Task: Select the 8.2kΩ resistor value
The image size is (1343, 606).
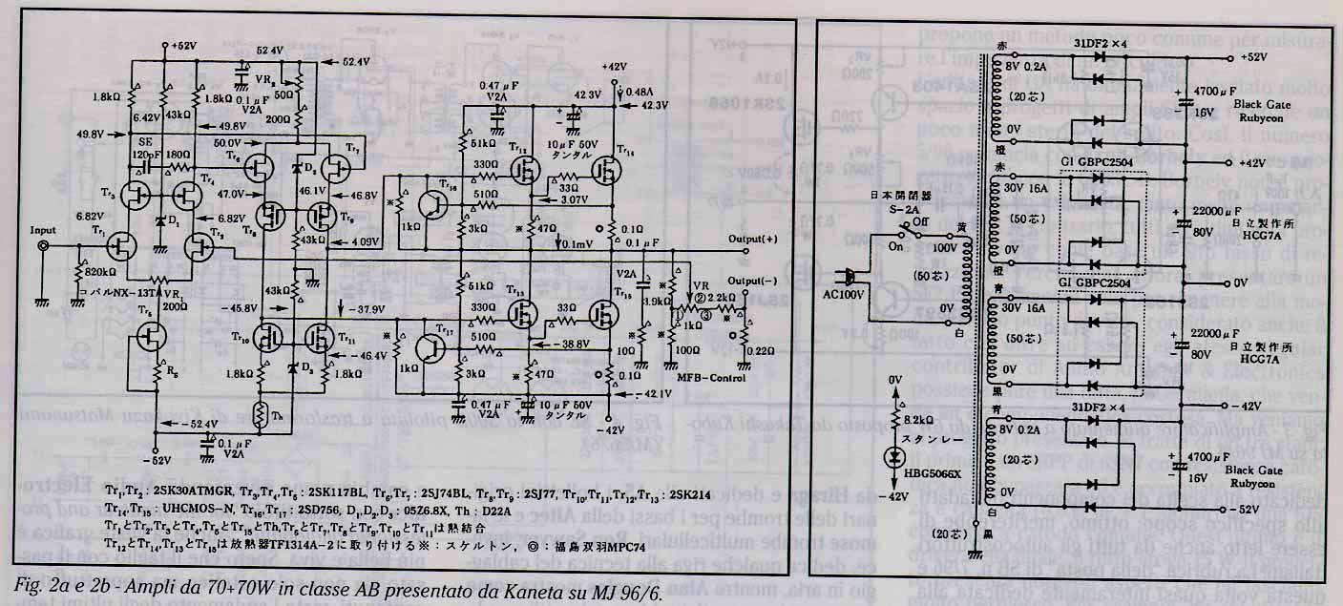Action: [923, 421]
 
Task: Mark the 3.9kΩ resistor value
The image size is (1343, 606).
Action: [658, 301]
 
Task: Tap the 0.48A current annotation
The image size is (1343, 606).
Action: [642, 93]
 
